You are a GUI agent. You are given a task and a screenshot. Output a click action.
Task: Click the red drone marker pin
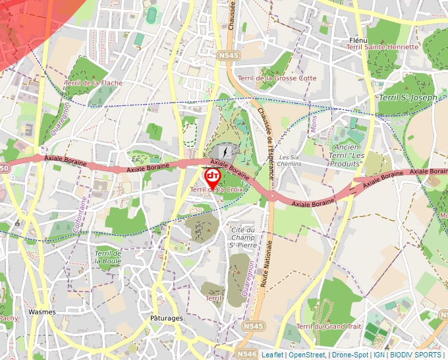[212, 178]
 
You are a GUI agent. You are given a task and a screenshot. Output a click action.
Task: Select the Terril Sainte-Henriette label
[382, 47]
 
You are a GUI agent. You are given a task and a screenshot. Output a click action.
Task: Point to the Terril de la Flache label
[94, 83]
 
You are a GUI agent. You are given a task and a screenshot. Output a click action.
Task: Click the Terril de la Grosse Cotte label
[277, 78]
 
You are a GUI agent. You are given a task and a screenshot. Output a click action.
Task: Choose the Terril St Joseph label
[408, 97]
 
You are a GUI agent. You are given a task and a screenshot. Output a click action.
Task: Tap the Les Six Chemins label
[290, 161]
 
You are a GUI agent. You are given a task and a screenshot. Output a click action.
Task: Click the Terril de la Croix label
[211, 190]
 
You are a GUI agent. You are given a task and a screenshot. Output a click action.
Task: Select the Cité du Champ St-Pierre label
[242, 237]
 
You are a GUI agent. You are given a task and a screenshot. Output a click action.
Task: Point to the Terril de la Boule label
[107, 257]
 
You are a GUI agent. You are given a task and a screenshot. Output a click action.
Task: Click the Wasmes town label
[42, 311]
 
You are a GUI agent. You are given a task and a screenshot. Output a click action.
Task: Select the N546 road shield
[248, 353]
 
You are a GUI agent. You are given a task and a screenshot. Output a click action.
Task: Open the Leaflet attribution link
[272, 355]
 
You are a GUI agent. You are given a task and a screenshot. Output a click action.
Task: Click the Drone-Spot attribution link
[350, 355]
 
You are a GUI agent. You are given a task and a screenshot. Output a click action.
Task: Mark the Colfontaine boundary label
[83, 216]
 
